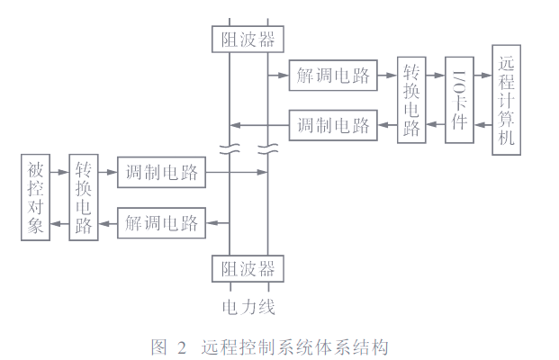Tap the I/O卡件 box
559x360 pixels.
point(459,99)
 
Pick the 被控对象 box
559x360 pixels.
point(36,196)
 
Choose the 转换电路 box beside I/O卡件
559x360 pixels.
point(411,99)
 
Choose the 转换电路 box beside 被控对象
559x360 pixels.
point(84,196)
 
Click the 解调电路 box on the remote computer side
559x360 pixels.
point(333,76)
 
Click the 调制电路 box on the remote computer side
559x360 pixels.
point(333,124)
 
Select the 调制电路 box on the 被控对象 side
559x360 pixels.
point(162,172)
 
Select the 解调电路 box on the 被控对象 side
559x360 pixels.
point(162,221)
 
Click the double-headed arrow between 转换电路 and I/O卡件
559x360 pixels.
point(436,99)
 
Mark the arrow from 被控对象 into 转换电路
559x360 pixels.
point(60,172)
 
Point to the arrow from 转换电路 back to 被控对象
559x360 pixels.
point(60,221)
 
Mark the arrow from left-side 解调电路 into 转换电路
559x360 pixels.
point(108,221)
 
